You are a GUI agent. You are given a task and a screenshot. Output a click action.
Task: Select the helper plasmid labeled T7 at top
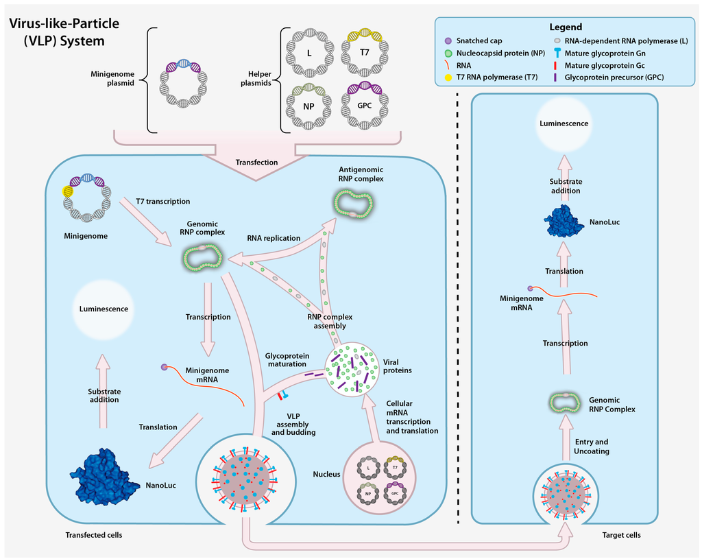click(365, 53)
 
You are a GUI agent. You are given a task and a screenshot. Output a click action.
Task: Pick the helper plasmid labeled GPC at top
click(365, 106)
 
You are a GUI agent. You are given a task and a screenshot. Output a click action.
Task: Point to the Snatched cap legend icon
click(446, 40)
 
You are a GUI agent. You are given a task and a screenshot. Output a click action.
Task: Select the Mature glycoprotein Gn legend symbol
click(559, 53)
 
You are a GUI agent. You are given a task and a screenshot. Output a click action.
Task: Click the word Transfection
click(256, 163)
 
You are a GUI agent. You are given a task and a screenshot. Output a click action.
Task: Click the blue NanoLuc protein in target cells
click(564, 221)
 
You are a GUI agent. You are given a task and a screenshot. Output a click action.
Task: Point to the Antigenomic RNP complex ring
click(354, 204)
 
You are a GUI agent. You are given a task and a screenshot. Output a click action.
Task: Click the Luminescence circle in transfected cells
click(104, 309)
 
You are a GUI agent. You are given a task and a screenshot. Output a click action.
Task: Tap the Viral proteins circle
click(352, 369)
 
